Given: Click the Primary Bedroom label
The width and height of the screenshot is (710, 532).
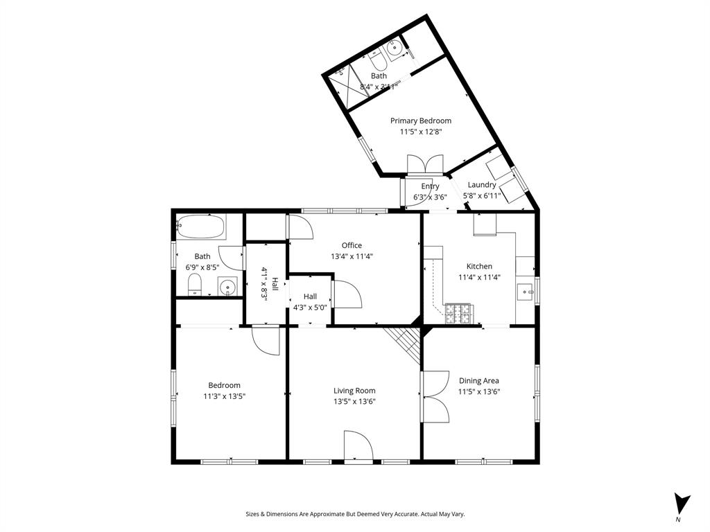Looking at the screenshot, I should coord(420,121).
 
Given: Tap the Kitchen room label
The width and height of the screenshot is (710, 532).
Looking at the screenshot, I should coord(479,266).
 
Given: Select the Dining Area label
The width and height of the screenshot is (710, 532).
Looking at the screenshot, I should coord(478,380).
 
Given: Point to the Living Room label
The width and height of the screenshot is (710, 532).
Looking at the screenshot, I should coord(354,391).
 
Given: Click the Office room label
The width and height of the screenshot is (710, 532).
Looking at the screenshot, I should coord(352,245).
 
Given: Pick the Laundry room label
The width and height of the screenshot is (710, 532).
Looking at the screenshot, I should coord(481,185).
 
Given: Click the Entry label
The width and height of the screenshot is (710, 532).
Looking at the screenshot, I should coord(430,186).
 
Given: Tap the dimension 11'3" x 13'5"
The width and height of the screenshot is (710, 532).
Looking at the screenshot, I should coord(224,396).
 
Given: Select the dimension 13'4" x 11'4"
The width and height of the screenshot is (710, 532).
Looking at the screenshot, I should coord(352,256).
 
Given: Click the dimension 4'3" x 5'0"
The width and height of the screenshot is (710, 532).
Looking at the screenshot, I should coord(310,306).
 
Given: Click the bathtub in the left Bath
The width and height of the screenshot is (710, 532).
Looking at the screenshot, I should coord(201,224).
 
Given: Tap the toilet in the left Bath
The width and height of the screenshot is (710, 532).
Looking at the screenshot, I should coord(196,284).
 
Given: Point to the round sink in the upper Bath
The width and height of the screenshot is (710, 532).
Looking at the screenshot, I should coord(395,48).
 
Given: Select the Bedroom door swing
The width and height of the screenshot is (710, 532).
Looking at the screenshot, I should coord(266,340).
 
